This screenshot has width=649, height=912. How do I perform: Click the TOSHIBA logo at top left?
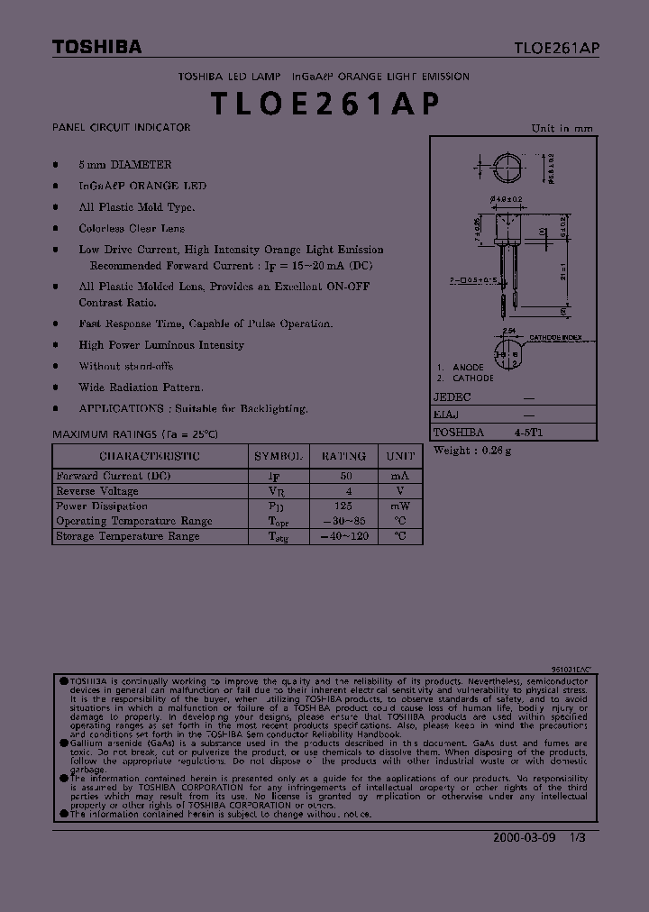pyautogui.click(x=96, y=48)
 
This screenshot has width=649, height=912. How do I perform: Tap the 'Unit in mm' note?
pyautogui.click(x=562, y=128)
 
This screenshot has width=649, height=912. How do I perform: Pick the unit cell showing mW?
pyautogui.click(x=399, y=506)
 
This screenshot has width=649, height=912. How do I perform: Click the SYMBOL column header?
pyautogui.click(x=279, y=457)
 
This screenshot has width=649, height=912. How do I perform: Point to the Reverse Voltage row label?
pyautogui.click(x=97, y=491)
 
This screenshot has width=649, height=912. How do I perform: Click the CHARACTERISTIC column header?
pyautogui.click(x=150, y=457)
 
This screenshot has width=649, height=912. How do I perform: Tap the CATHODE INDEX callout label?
pyautogui.click(x=555, y=338)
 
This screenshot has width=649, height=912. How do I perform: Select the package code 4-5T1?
pyautogui.click(x=529, y=433)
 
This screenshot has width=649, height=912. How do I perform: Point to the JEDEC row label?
pyautogui.click(x=452, y=397)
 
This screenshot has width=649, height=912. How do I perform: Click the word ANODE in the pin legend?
pyautogui.click(x=468, y=368)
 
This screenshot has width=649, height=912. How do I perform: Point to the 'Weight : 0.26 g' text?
pyautogui.click(x=472, y=451)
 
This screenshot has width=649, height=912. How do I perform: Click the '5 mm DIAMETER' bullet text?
pyautogui.click(x=124, y=165)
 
